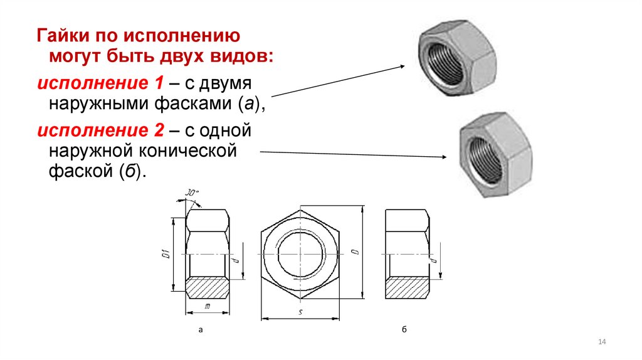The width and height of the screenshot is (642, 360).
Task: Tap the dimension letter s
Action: click(302, 312)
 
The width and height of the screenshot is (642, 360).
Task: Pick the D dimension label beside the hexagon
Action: click(355, 252)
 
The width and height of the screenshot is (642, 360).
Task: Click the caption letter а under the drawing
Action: click(200, 329)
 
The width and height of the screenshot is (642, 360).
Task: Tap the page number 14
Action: click(603, 341)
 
